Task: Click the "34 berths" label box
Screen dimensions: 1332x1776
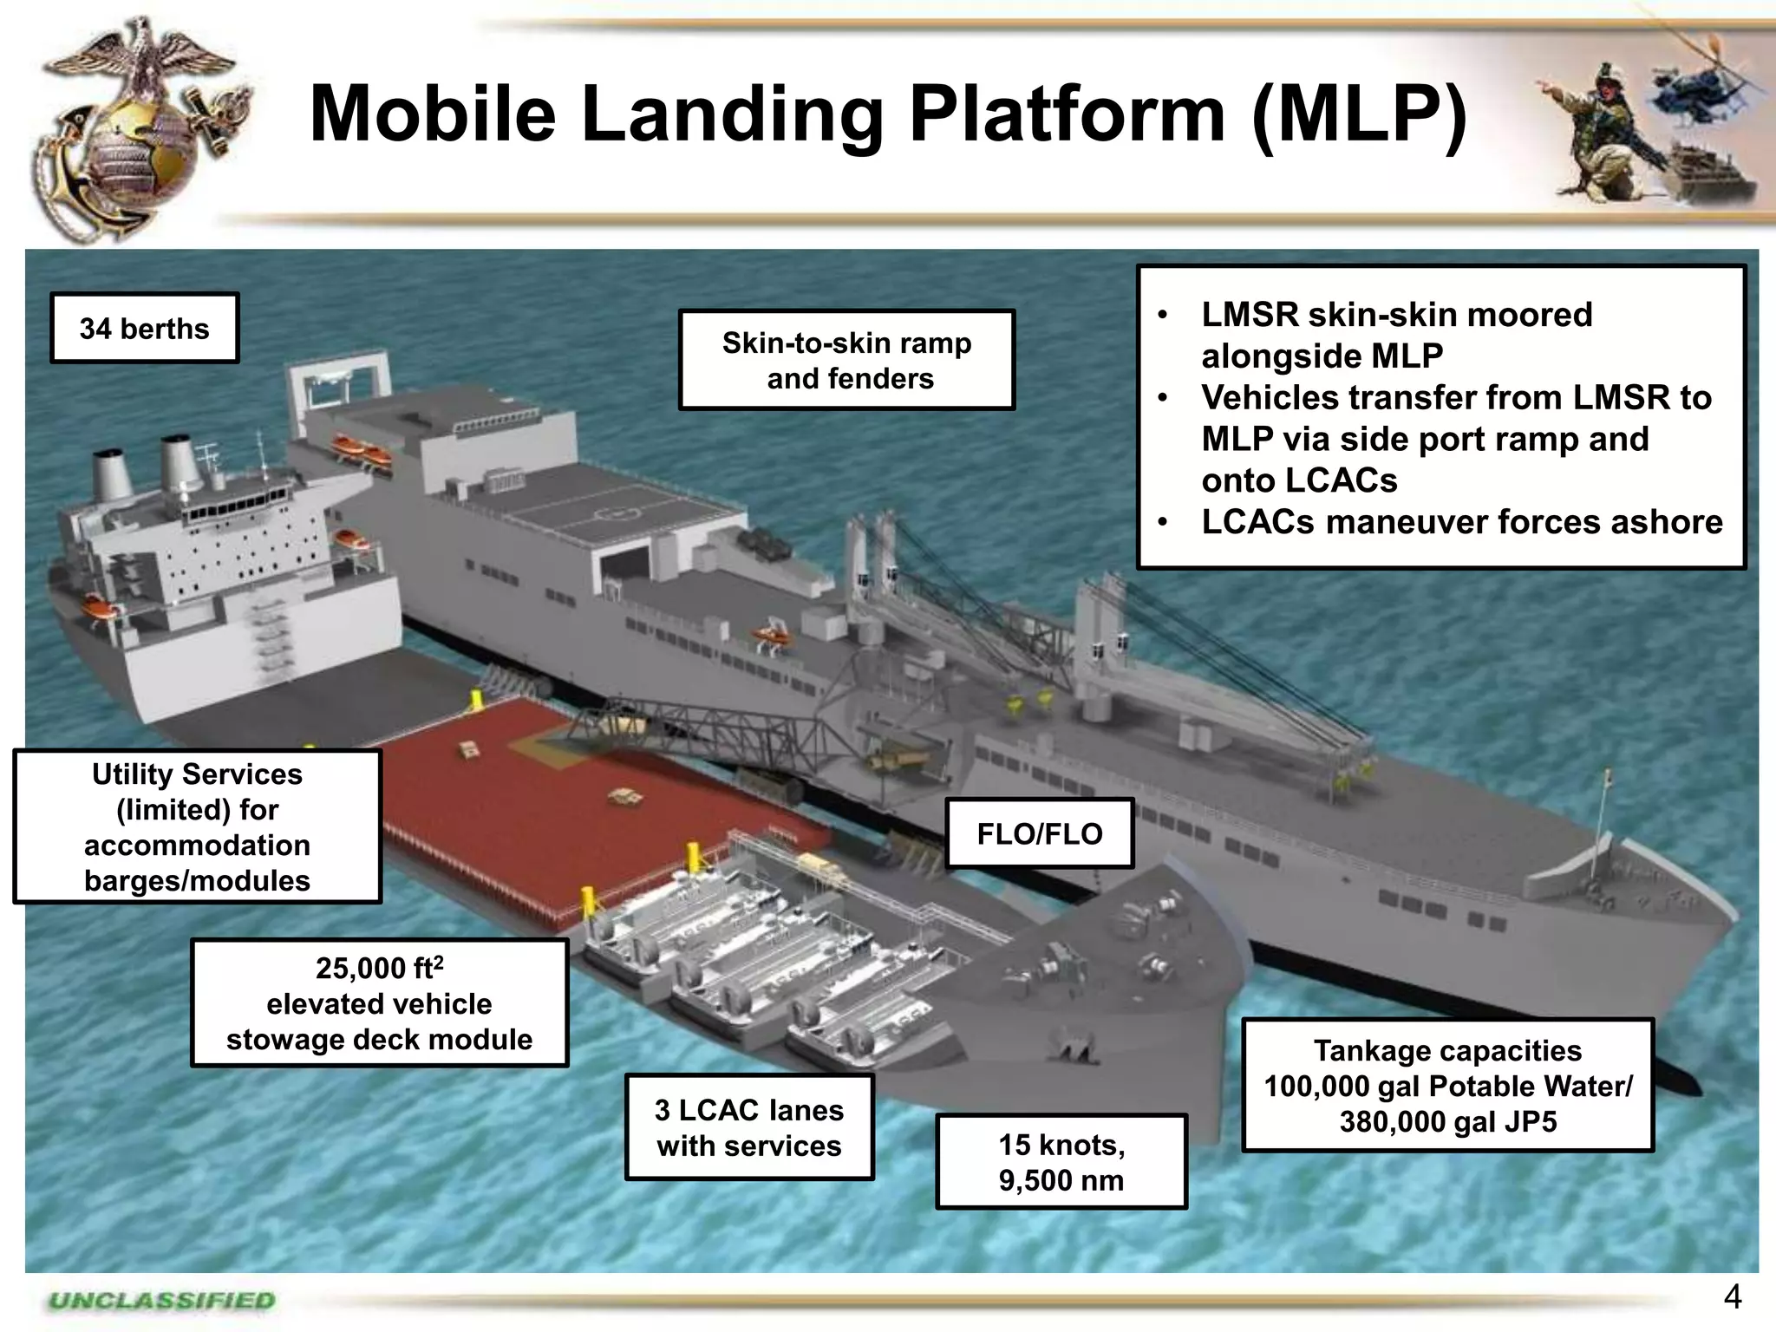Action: point(144,329)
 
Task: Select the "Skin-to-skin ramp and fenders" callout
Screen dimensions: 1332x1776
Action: point(846,360)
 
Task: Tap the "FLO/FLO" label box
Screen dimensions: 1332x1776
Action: point(1039,833)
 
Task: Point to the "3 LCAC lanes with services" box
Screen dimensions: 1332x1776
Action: point(748,1127)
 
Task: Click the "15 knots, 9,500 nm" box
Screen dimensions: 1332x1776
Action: point(1061,1162)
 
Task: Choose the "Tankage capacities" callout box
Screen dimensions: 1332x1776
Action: point(1447,1085)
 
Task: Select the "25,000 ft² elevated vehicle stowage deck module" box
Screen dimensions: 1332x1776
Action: point(379,1003)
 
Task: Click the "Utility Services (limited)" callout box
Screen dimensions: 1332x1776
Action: point(197,826)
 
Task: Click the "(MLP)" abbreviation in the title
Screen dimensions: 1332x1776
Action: point(1360,114)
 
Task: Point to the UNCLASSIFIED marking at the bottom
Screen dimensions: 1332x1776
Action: point(162,1301)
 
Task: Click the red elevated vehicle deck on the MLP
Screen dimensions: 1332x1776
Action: point(555,780)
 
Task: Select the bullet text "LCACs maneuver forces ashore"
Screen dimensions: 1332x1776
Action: point(1461,522)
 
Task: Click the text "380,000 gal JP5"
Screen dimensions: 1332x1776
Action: point(1447,1122)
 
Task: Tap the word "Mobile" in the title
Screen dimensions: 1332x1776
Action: point(433,114)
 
